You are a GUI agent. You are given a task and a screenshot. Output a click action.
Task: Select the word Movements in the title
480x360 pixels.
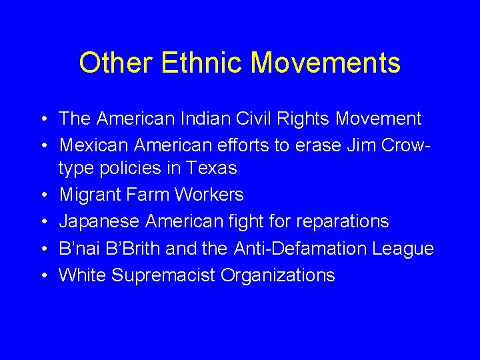point(326,63)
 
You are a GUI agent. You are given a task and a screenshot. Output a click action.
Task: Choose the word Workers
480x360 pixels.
point(209,195)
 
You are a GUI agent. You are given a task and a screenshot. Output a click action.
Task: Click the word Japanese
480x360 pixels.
point(99,221)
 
